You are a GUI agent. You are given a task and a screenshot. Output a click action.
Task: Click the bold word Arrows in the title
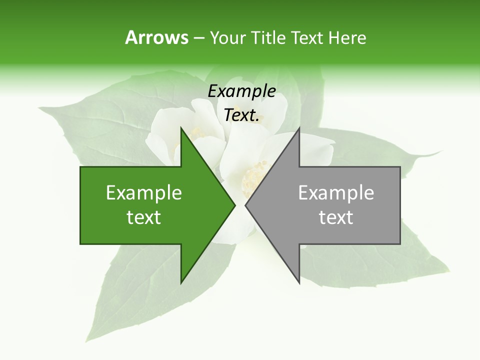point(156,37)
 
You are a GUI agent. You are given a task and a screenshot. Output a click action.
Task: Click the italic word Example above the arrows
point(241,91)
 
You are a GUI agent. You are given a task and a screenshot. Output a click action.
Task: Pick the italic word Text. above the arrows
point(241,115)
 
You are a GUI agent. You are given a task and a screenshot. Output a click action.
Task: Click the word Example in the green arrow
point(144,193)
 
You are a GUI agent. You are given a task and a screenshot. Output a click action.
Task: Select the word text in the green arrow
point(144,217)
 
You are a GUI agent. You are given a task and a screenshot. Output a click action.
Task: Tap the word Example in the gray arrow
point(336,193)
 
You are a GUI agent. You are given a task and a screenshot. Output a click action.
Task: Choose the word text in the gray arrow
point(336,217)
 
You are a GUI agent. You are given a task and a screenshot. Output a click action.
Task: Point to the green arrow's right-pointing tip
point(234,205)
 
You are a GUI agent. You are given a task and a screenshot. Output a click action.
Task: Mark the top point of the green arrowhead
point(181,128)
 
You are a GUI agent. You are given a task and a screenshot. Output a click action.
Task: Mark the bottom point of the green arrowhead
point(181,283)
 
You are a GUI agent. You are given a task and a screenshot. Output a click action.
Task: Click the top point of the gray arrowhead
point(299,128)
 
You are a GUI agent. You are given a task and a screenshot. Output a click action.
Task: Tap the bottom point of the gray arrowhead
point(299,283)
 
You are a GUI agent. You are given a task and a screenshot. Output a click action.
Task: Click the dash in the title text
point(199,38)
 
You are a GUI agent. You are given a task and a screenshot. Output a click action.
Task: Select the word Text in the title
point(307,38)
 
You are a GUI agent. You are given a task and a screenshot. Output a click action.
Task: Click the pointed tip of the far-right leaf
point(442,151)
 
